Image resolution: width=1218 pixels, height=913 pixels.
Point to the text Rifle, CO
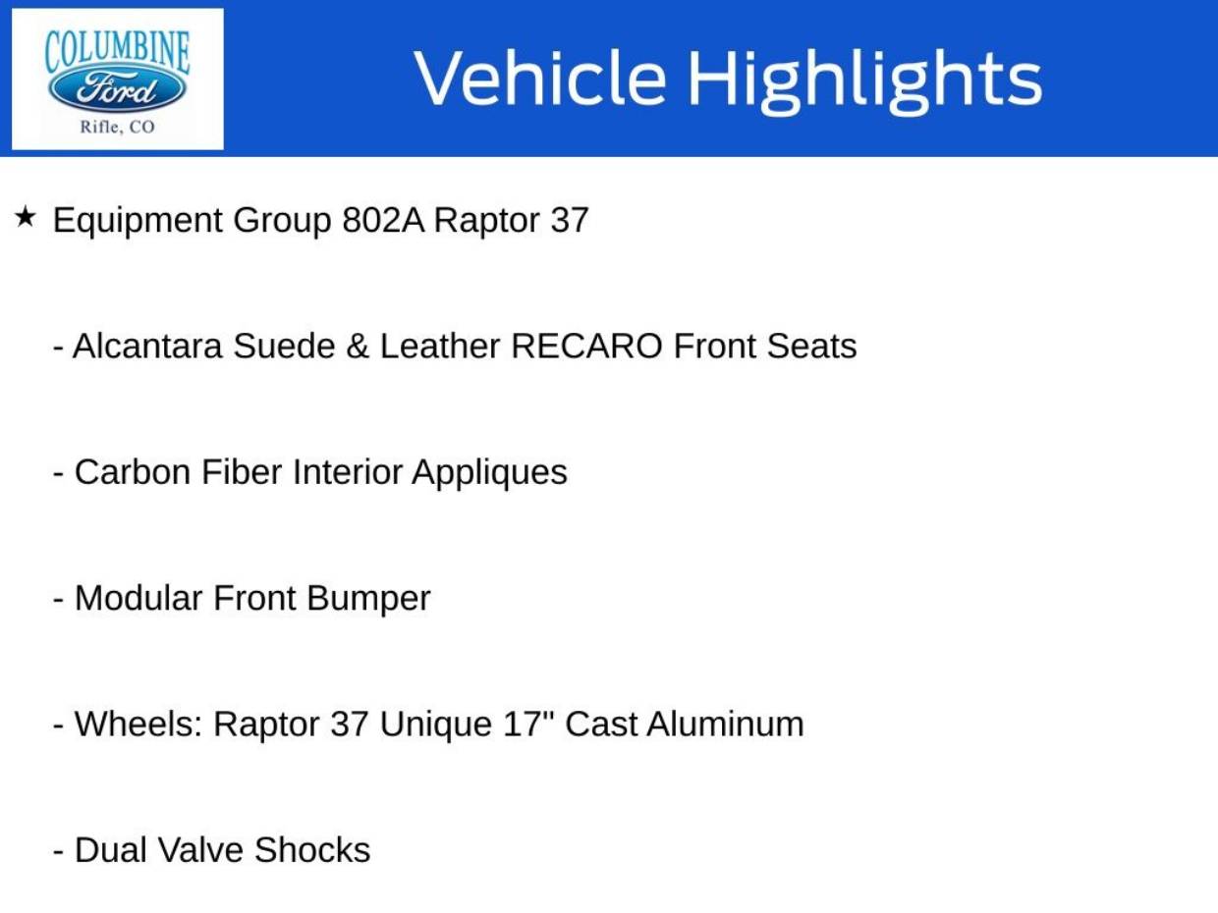118,127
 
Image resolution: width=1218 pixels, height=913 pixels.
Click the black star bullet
27,217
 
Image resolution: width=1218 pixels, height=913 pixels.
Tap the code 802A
383,220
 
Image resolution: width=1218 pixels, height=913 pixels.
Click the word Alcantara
147,347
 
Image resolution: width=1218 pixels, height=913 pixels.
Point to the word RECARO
586,347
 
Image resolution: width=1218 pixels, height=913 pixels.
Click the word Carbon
133,472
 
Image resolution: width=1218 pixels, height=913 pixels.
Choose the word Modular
138,598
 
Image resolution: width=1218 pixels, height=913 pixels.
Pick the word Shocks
312,850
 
